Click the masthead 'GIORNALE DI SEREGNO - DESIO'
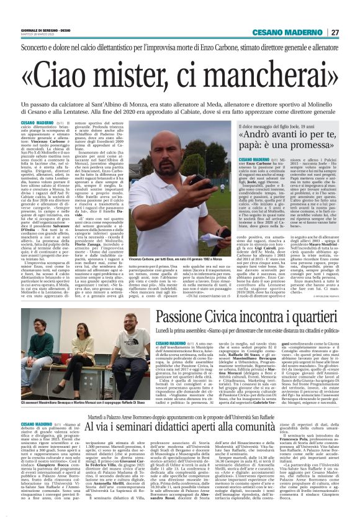coord(47,30)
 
